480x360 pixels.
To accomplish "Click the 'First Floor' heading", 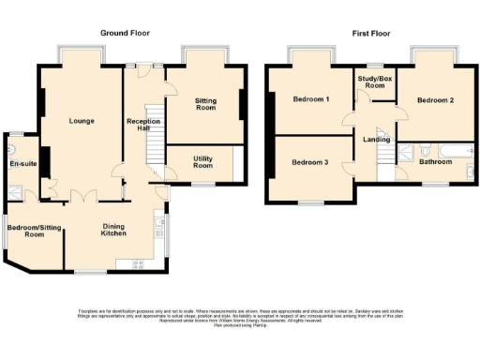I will pyautogui.click(x=371, y=33).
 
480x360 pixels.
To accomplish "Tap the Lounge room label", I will pyautogui.click(x=81, y=121).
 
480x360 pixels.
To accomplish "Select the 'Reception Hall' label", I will pyautogui.click(x=143, y=127).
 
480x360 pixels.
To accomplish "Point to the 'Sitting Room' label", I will pyautogui.click(x=205, y=104).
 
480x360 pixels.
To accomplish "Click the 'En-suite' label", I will pyautogui.click(x=22, y=165).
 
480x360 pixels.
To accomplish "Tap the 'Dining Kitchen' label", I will pyautogui.click(x=113, y=228).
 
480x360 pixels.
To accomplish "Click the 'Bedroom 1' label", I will pyautogui.click(x=310, y=99).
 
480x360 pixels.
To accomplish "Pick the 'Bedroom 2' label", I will pyautogui.click(x=435, y=99).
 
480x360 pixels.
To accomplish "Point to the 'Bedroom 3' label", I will pyautogui.click(x=309, y=162).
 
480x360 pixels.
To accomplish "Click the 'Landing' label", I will pyautogui.click(x=376, y=141).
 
